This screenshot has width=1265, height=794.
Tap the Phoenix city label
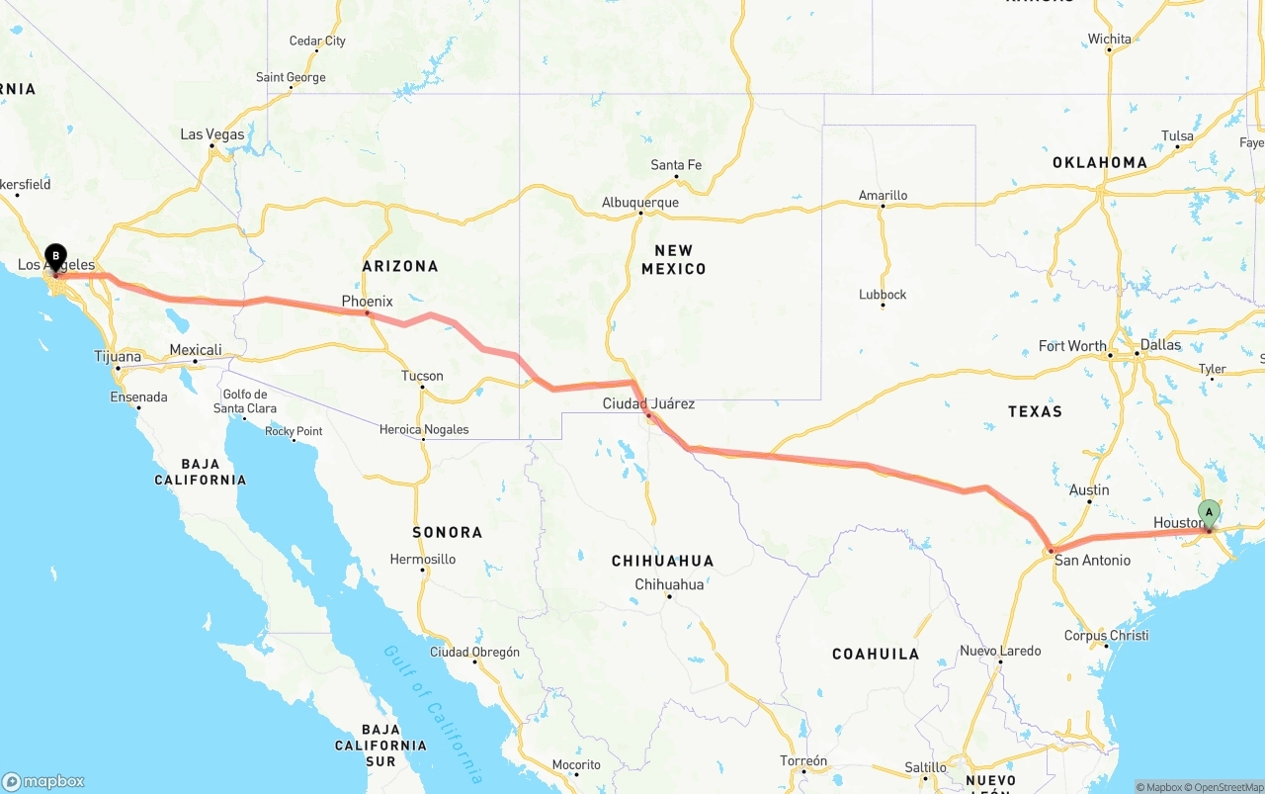pos(367,301)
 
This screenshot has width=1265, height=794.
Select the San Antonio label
pos(1092,561)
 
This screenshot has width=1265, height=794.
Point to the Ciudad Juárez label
pos(648,403)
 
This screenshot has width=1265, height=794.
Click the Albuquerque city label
pos(639,203)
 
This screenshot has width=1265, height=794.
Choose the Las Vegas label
pos(211,134)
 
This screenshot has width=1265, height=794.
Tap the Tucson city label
pos(422,376)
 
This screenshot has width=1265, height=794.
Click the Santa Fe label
pos(676,165)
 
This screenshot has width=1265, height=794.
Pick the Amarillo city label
pos(883,195)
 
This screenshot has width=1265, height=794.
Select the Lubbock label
pos(883,295)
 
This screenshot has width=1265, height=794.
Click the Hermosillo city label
pos(422,560)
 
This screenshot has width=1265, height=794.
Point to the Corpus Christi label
pos(1106,636)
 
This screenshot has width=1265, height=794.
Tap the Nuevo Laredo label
pos(1000,651)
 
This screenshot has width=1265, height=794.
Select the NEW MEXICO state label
pos(673,259)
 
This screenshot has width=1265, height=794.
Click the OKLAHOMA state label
pos(1099,162)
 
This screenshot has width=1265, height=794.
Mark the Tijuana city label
pos(118,356)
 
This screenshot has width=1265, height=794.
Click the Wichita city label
pos(1109,40)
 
